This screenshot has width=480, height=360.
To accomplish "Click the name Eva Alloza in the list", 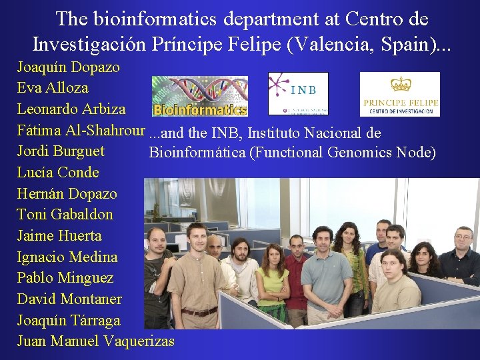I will pyautogui.click(x=53, y=87).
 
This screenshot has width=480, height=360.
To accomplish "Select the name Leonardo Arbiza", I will pyautogui.click(x=71, y=109).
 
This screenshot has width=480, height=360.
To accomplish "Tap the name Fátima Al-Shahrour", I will pyautogui.click(x=81, y=130).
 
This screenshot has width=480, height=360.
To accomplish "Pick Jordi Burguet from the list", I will pyautogui.click(x=61, y=151).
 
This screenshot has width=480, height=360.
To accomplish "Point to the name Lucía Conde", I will pyautogui.click(x=58, y=173).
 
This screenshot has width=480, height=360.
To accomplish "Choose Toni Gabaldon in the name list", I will pyautogui.click(x=65, y=215).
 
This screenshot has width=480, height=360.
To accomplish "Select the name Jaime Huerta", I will pyautogui.click(x=59, y=236).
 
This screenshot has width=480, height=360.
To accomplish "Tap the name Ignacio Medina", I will pyautogui.click(x=67, y=257).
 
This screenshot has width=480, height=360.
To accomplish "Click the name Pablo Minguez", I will pyautogui.click(x=65, y=278).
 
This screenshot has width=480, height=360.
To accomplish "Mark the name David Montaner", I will pyautogui.click(x=69, y=299).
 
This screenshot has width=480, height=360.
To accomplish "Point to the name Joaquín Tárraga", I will pyautogui.click(x=69, y=321).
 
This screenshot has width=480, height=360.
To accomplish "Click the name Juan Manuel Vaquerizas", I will pyautogui.click(x=95, y=341).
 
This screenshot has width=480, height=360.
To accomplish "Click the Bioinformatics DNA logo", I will pyautogui.click(x=200, y=96).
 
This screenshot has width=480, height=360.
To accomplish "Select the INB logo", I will pyautogui.click(x=298, y=93).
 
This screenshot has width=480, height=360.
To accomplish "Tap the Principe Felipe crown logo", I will pyautogui.click(x=400, y=95).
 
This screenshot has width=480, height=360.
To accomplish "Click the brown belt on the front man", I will pyautogui.click(x=199, y=311).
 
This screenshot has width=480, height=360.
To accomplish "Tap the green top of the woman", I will pyautogui.click(x=273, y=281).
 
